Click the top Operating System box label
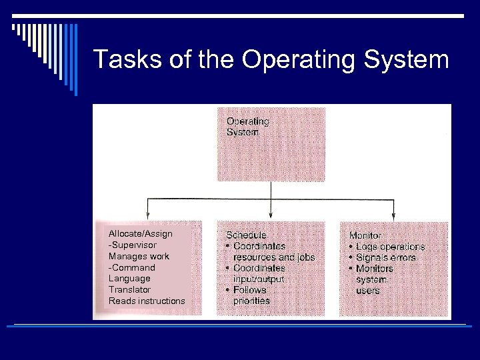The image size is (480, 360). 247,127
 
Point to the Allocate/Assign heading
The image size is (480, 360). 140,234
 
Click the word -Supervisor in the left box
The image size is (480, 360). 133,245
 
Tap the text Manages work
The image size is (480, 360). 139,256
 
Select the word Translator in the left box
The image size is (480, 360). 129,289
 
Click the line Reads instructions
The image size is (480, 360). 147,301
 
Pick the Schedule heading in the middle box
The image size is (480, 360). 246,235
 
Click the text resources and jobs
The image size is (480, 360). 273,257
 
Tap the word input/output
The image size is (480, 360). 259,279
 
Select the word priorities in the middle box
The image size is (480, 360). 251,301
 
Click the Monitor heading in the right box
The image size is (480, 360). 365,235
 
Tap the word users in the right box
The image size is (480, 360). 367,291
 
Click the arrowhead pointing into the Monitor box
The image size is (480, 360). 393,215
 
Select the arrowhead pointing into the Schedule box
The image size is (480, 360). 270,215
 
